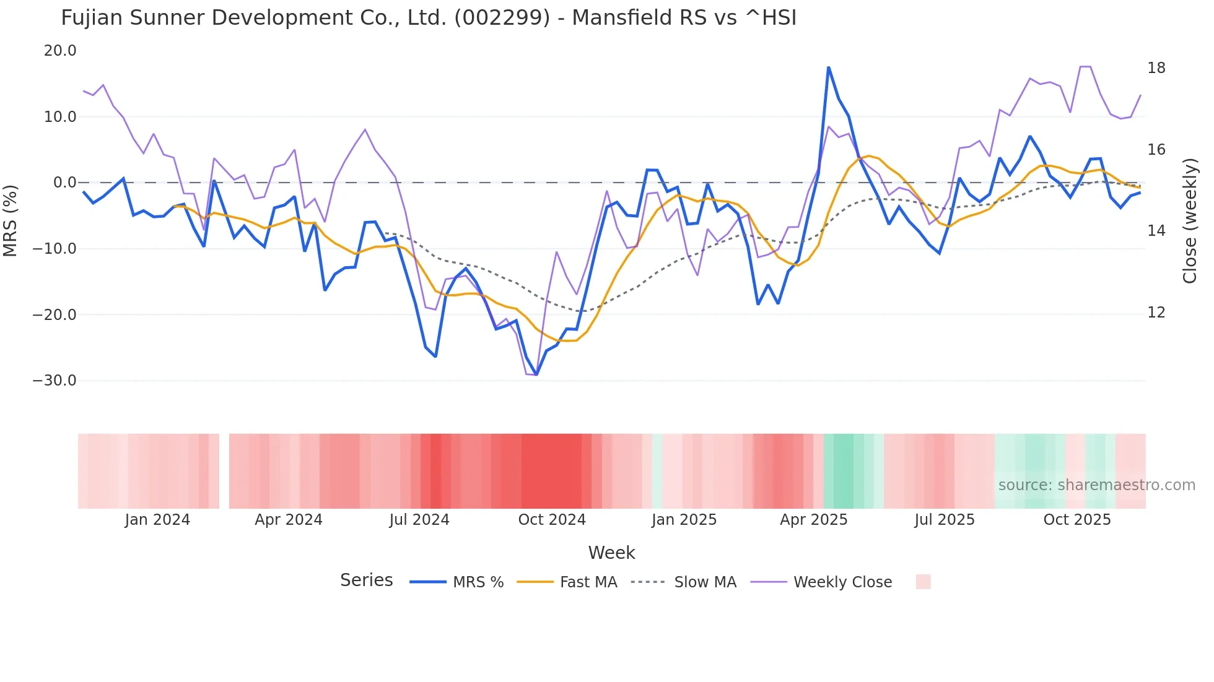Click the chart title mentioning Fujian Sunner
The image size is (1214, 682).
[x=429, y=18]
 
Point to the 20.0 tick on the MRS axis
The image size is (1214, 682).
[x=60, y=51]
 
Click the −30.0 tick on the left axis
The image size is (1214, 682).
[x=55, y=381]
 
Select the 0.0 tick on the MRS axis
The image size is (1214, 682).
[x=64, y=183]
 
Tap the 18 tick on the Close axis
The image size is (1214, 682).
[x=1156, y=68]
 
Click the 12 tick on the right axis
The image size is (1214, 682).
[x=1156, y=313]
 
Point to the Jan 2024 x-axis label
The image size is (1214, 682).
[x=157, y=520]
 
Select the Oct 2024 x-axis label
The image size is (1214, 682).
[x=552, y=520]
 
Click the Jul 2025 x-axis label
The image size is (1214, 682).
[x=944, y=520]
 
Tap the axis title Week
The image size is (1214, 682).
[x=611, y=553]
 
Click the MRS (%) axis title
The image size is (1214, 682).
[x=11, y=220]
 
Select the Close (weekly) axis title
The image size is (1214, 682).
[x=1190, y=221]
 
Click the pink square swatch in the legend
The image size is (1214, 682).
[x=923, y=582]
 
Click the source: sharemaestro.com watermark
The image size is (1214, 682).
[x=1096, y=485]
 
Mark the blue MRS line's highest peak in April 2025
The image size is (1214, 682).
[x=828, y=67]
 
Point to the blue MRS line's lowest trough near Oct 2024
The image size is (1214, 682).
[x=536, y=374]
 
